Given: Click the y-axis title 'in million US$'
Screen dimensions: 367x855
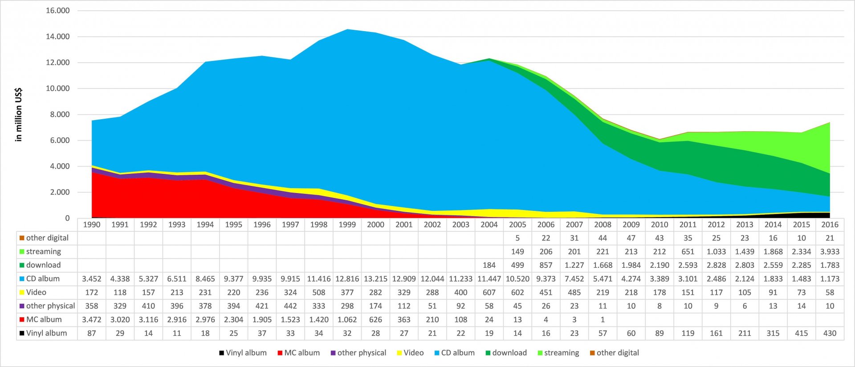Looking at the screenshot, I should (18, 115).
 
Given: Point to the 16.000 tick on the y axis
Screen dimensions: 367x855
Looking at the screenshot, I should (58, 11).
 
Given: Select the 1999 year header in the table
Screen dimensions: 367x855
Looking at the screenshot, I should (347, 225).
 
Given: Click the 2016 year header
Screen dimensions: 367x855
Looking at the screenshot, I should (830, 225).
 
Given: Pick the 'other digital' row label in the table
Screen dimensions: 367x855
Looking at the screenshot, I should (47, 238).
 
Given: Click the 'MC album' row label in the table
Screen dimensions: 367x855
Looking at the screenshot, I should (44, 319).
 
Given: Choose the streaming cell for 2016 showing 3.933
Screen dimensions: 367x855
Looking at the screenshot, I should (830, 252).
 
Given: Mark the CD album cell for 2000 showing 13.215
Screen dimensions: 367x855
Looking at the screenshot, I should (375, 279).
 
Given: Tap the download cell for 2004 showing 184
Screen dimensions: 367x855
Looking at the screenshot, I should (489, 265).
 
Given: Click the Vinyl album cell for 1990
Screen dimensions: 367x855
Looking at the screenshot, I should (92, 333).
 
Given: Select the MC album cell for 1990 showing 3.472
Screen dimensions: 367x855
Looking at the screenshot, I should (92, 319).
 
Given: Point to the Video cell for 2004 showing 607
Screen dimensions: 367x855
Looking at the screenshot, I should (489, 292).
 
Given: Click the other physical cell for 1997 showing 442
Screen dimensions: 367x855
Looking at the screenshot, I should (290, 306).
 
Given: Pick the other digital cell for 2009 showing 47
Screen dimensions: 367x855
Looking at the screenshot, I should (631, 238).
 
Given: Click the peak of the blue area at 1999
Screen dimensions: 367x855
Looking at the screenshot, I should (347, 30).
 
